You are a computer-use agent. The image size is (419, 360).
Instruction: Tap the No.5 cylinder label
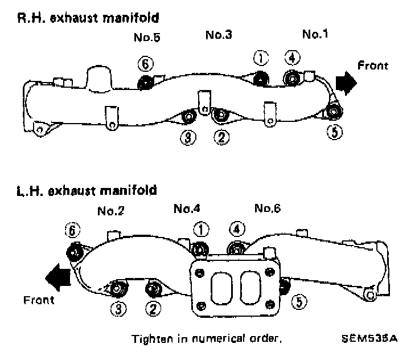[146, 38]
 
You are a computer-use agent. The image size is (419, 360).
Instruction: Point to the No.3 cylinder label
[218, 35]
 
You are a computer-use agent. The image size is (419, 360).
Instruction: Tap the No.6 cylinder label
[267, 208]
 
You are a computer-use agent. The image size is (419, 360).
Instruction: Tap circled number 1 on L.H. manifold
[202, 229]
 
